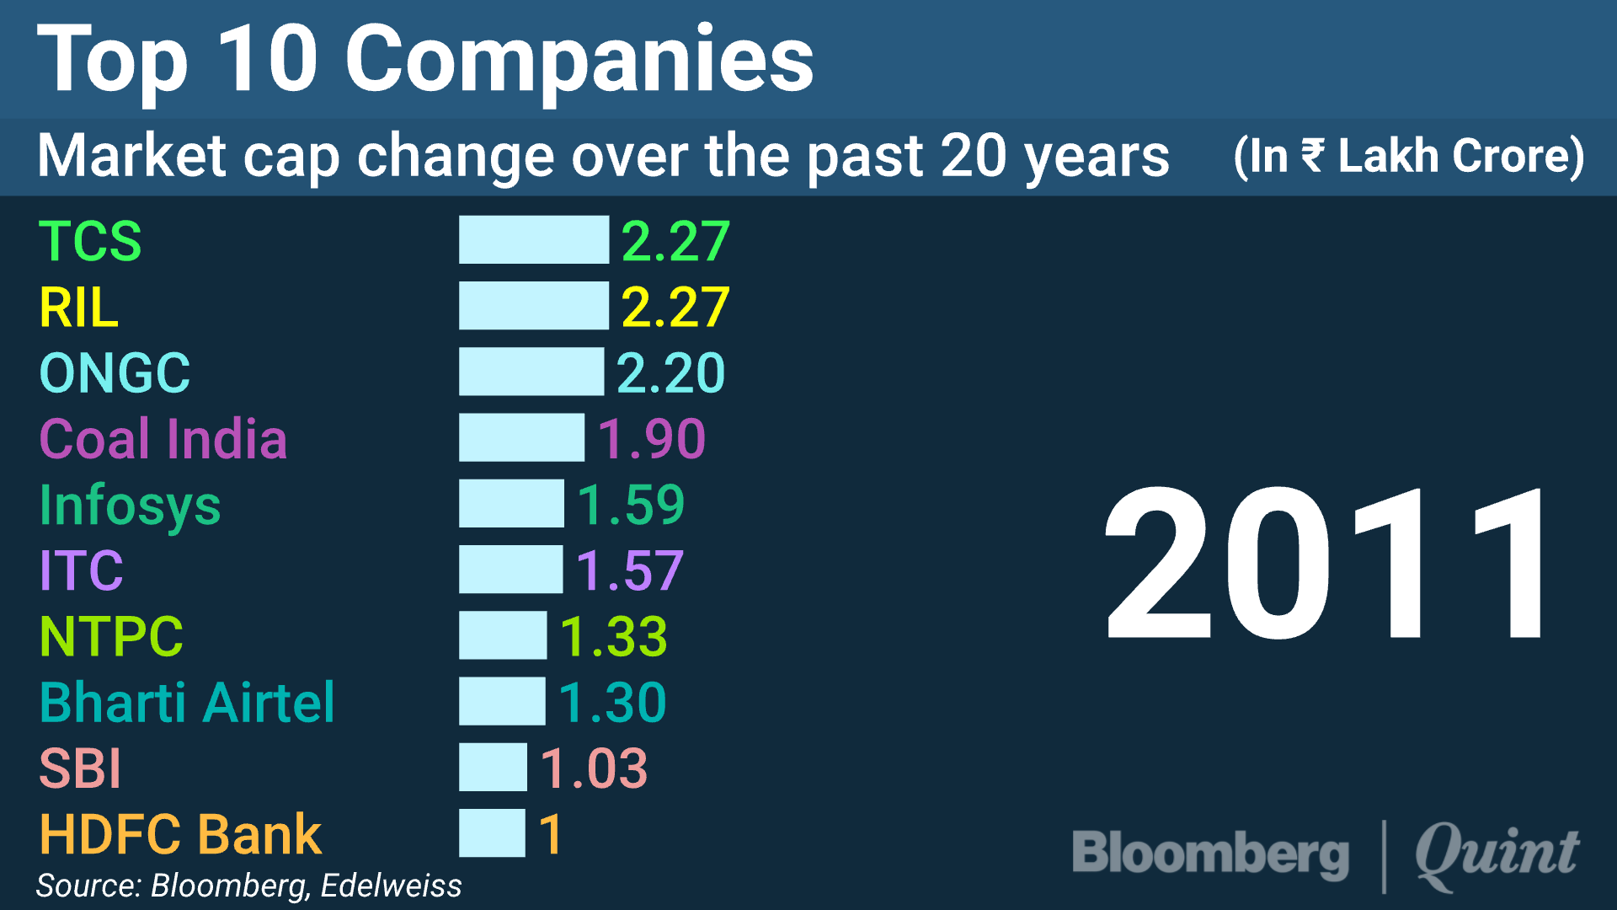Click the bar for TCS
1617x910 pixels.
533,240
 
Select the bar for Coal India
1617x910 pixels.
521,438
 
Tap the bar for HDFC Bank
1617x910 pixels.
492,833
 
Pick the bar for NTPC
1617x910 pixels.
503,635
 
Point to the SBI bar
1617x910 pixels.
493,768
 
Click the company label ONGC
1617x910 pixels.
115,372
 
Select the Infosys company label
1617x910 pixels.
131,506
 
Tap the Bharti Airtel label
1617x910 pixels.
187,702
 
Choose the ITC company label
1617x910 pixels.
82,570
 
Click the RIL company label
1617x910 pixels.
78,307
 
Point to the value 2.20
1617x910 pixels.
670,372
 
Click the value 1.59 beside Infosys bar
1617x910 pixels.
631,505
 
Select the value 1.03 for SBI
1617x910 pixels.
594,768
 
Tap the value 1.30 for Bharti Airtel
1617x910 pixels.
612,702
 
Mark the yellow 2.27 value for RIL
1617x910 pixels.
675,307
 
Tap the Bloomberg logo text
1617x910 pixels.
1210,854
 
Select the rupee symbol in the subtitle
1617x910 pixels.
1312,155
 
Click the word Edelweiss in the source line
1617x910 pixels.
391,886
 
